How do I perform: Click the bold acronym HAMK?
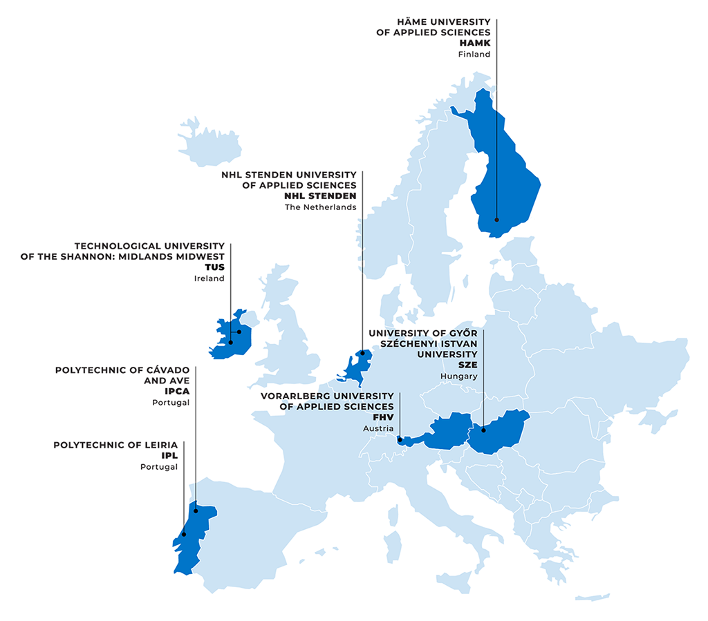[474, 44]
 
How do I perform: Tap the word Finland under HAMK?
[474, 55]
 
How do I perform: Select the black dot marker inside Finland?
[496, 220]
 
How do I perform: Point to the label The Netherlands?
[320, 207]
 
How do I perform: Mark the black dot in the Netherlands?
[362, 353]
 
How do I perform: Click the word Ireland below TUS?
[209, 278]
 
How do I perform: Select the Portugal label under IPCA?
[171, 403]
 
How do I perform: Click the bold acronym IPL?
[169, 456]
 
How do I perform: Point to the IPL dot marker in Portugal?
[184, 534]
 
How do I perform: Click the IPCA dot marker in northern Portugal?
[196, 511]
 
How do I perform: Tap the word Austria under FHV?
[378, 428]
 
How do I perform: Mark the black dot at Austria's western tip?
[400, 439]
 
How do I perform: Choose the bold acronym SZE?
[467, 365]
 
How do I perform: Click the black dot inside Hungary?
[484, 430]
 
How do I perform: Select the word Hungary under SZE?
[458, 376]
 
